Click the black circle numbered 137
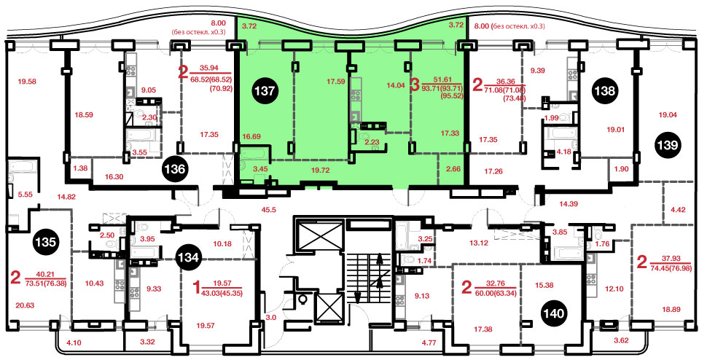click(x=265, y=90)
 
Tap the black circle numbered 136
click(x=176, y=169)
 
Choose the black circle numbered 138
click(x=604, y=90)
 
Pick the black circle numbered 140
click(x=553, y=313)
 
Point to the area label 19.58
click(x=26, y=82)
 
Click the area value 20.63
click(x=24, y=305)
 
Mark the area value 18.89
click(x=671, y=309)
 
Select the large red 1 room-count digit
click(x=196, y=286)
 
